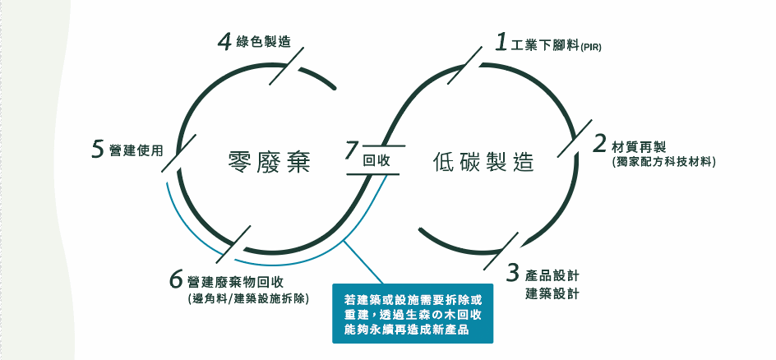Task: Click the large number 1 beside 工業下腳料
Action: [500, 43]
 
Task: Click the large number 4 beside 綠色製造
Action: [224, 42]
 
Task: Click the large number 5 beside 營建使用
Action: [98, 149]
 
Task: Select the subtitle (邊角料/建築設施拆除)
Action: [248, 298]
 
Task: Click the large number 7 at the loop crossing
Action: [353, 152]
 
